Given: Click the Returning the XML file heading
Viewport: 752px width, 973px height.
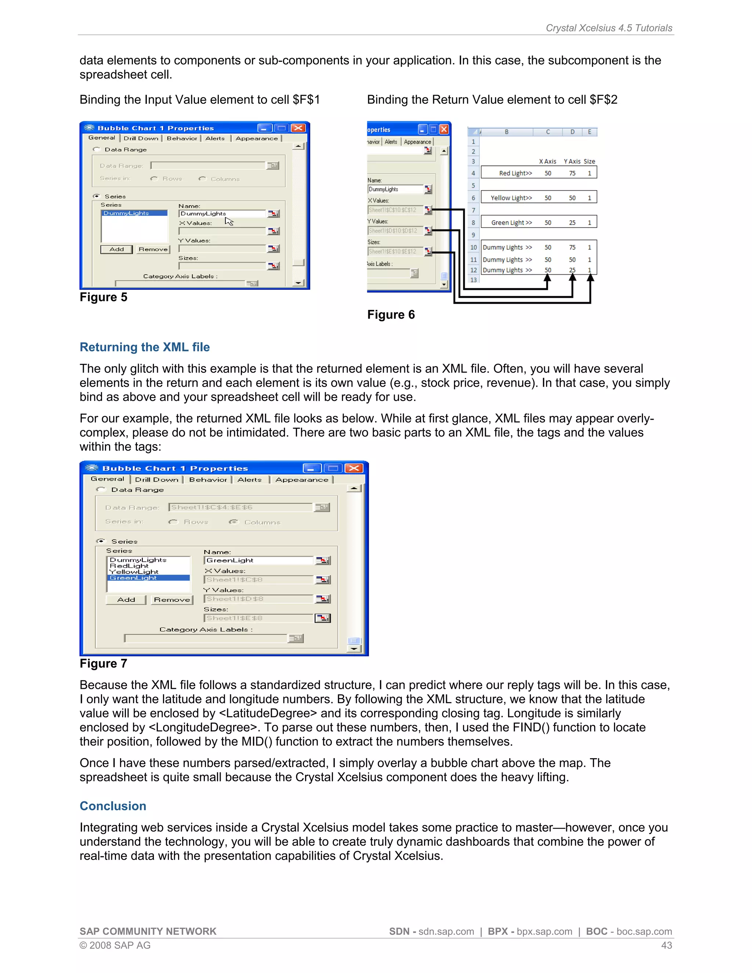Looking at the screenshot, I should pyautogui.click(x=144, y=347).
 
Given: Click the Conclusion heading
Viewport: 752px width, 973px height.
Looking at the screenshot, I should pyautogui.click(x=113, y=806).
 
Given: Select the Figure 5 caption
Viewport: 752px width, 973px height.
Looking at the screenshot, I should pyautogui.click(x=103, y=297).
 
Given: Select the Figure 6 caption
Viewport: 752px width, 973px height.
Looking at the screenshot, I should pyautogui.click(x=391, y=315).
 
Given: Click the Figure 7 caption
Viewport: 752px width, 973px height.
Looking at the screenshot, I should pyautogui.click(x=103, y=663).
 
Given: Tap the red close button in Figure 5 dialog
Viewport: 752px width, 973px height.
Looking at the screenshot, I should pyautogui.click(x=298, y=128).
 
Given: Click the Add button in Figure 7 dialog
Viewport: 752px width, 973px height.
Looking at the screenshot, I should pyautogui.click(x=126, y=600).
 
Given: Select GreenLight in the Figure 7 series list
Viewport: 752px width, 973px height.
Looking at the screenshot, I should pyautogui.click(x=133, y=578).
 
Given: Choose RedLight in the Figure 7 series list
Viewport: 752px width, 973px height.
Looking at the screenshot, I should pyautogui.click(x=129, y=566).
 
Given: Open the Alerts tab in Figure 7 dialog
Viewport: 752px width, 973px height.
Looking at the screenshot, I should pyautogui.click(x=249, y=480).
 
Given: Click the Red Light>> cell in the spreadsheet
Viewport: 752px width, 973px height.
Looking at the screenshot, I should pyautogui.click(x=515, y=173).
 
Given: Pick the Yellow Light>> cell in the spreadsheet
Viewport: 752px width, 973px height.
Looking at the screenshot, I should pyautogui.click(x=511, y=198).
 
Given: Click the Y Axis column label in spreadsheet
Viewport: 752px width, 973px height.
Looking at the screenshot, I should pyautogui.click(x=572, y=161).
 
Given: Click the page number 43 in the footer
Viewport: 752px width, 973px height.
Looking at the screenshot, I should pyautogui.click(x=666, y=945).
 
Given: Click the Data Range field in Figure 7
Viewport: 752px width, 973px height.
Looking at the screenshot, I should pyautogui.click(x=241, y=507).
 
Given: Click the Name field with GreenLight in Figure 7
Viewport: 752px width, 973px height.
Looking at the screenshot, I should pyautogui.click(x=258, y=560).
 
